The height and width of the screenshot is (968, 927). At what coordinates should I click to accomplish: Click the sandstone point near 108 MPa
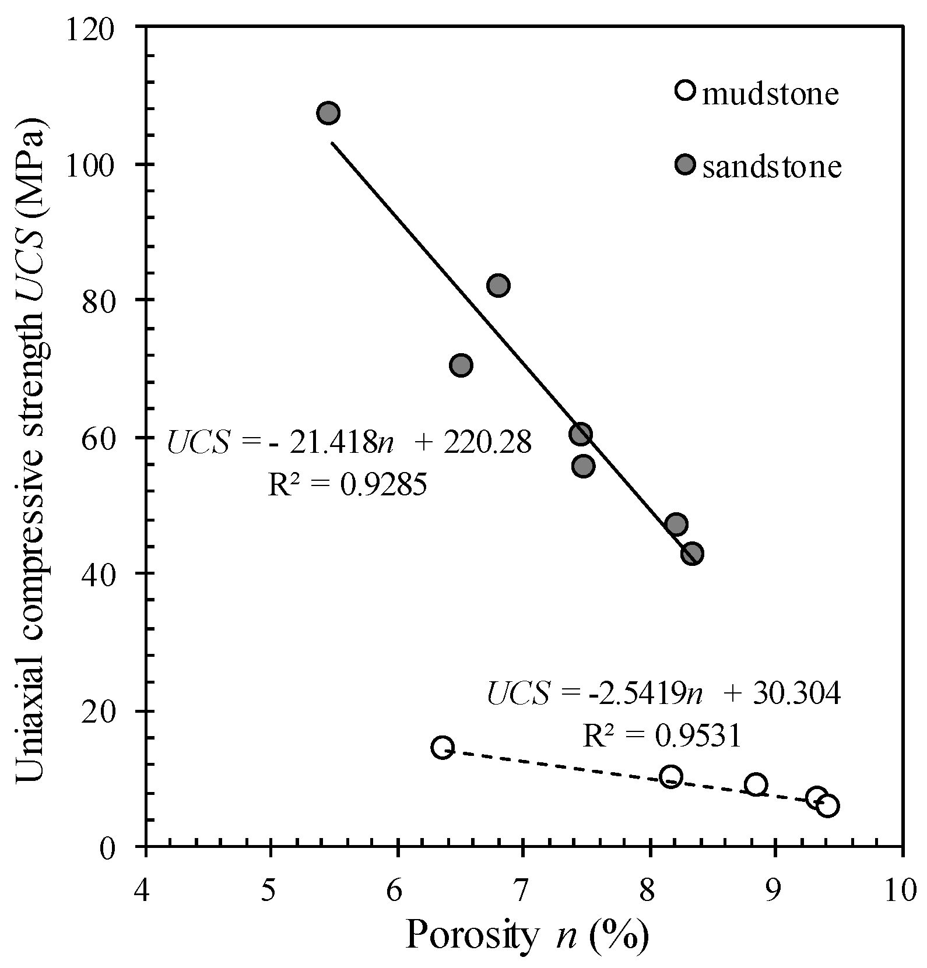328,113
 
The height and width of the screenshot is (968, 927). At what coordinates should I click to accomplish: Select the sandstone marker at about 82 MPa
498,286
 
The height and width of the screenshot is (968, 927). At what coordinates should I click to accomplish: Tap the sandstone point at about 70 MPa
461,365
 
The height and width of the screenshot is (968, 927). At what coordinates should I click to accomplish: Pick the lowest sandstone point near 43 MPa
691,554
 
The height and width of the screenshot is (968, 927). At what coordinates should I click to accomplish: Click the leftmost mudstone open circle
443,747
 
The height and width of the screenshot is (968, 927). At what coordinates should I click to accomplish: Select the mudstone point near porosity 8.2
671,777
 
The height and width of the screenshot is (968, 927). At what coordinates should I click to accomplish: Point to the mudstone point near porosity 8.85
756,784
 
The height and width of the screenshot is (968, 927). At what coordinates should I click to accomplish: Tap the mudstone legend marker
686,90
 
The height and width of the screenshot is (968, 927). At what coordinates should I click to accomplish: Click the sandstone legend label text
772,167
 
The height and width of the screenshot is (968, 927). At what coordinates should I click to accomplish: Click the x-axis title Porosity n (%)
526,937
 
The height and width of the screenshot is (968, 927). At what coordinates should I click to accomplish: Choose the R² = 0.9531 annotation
661,736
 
